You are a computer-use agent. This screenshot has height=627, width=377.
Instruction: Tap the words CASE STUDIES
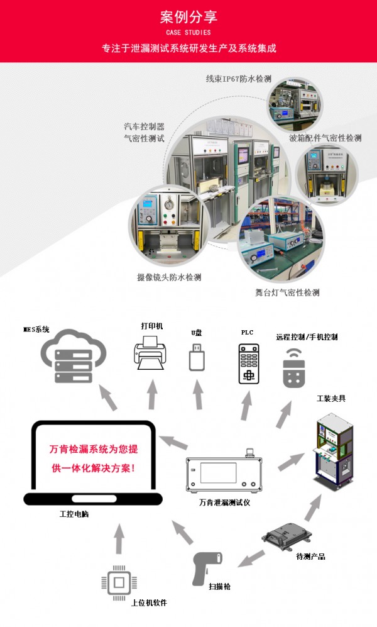(x=188, y=32)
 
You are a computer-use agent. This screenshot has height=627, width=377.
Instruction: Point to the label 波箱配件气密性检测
(x=325, y=138)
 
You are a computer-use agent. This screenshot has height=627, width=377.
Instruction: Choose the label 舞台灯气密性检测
(x=287, y=292)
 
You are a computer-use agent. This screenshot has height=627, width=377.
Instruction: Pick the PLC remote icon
(x=249, y=364)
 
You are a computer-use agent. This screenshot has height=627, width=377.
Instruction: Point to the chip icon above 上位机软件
(x=117, y=582)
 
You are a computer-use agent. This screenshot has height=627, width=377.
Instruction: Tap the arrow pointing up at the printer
(x=151, y=396)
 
